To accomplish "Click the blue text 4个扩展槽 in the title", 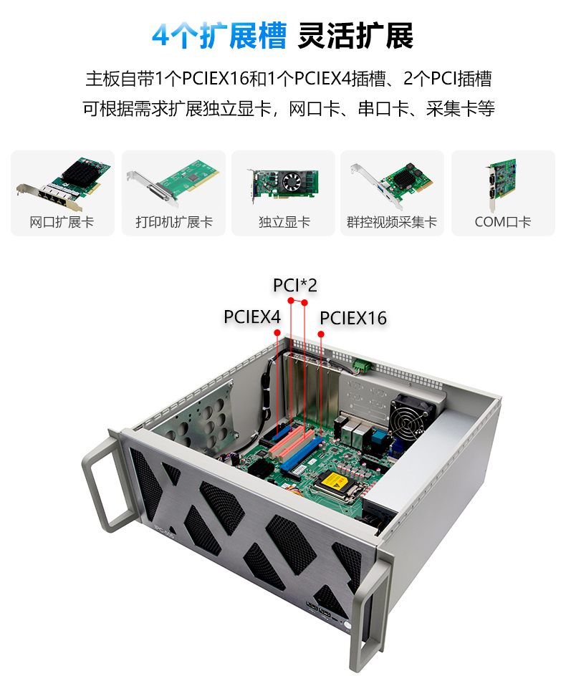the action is point(219,35).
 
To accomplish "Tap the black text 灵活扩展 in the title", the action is point(356,35).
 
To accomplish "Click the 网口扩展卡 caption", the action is point(62,222).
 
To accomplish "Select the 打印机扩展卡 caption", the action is point(174,222).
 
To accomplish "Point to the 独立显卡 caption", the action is point(284,222).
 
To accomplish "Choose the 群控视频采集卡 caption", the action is point(392,222).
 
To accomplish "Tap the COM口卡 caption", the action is point(502,222).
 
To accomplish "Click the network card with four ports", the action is point(63,184).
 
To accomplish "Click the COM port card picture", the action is point(502,184).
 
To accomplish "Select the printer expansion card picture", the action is point(173,182).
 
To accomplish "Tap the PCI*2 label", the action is point(295,286).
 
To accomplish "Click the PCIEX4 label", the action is point(252,316).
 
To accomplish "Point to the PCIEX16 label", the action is point(353,318).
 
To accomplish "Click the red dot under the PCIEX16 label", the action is point(321,334).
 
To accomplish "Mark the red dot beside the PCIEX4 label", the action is point(277,333).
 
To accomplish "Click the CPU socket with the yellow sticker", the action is point(339,485).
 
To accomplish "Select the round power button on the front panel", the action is point(347,625).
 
